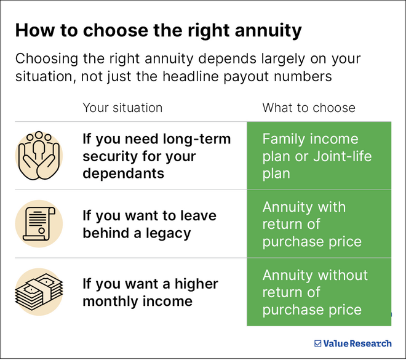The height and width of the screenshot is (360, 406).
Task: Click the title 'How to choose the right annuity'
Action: click(158, 30)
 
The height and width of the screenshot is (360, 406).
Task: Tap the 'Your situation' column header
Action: click(122, 108)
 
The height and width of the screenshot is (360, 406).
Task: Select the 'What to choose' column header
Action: click(309, 108)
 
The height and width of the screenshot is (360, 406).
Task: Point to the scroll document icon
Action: click(39, 224)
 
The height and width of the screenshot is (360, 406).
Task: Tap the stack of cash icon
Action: click(39, 292)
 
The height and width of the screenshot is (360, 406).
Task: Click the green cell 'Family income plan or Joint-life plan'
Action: click(319, 156)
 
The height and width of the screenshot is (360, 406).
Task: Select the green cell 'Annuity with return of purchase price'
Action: click(319, 224)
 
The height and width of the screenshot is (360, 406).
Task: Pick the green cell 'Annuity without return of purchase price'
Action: click(319, 292)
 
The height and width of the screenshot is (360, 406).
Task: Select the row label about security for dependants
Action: click(156, 156)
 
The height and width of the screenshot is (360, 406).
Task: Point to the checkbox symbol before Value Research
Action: click(317, 343)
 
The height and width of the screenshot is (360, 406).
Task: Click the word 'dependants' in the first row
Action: click(123, 174)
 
